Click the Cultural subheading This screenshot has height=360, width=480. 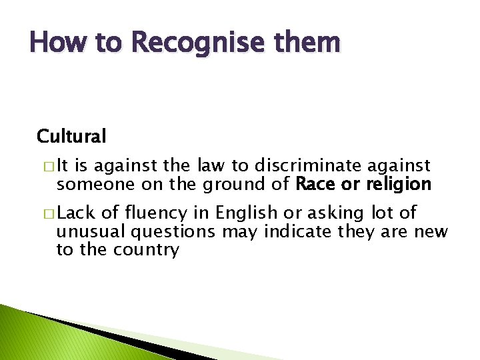point(71,136)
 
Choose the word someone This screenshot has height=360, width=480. point(91,183)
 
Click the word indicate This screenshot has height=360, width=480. point(296,231)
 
